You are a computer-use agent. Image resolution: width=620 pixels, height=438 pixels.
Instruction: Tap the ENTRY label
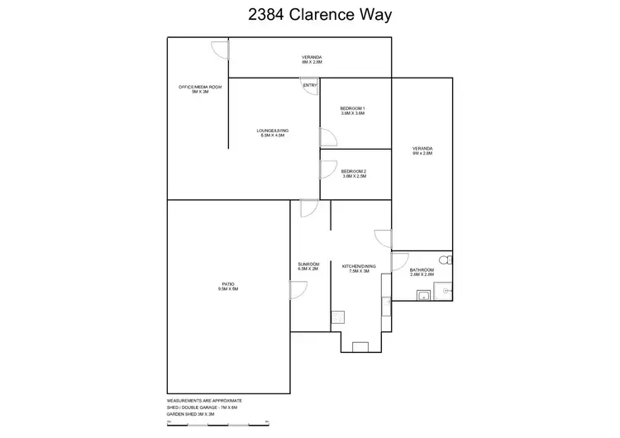click(310, 85)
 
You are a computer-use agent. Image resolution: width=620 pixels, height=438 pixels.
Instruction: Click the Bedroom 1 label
click(353, 109)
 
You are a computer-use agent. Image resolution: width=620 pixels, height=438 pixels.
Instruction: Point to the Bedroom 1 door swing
click(326, 138)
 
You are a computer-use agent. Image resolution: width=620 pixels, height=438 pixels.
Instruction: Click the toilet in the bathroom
click(444, 261)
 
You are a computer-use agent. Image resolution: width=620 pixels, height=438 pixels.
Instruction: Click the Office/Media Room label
click(200, 88)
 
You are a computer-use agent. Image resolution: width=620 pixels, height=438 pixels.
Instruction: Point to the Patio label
click(228, 285)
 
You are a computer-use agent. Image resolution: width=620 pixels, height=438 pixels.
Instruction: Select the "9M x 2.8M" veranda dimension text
click(422, 154)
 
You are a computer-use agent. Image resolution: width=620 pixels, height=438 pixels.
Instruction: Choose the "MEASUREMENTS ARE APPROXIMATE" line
click(205, 400)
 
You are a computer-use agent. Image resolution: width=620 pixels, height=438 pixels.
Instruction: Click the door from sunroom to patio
click(298, 290)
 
